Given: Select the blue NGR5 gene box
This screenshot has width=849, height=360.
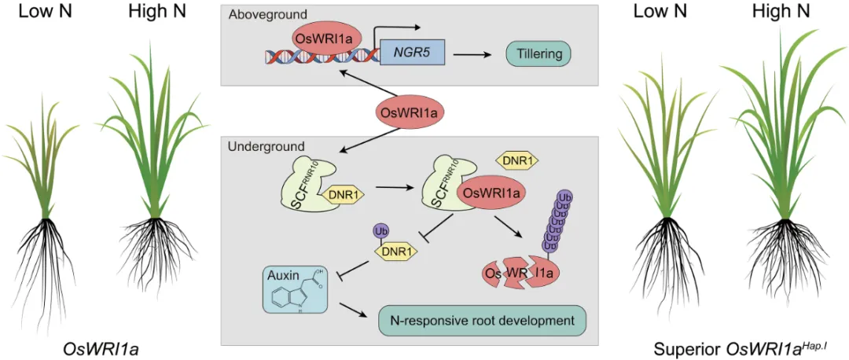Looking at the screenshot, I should (413, 54).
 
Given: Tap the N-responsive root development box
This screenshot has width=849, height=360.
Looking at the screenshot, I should (483, 321).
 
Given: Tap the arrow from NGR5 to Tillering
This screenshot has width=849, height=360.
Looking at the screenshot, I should (474, 54).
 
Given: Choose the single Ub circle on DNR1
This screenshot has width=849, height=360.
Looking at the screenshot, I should (380, 232).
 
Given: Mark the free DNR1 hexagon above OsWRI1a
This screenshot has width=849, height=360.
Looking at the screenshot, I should (517, 161).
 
